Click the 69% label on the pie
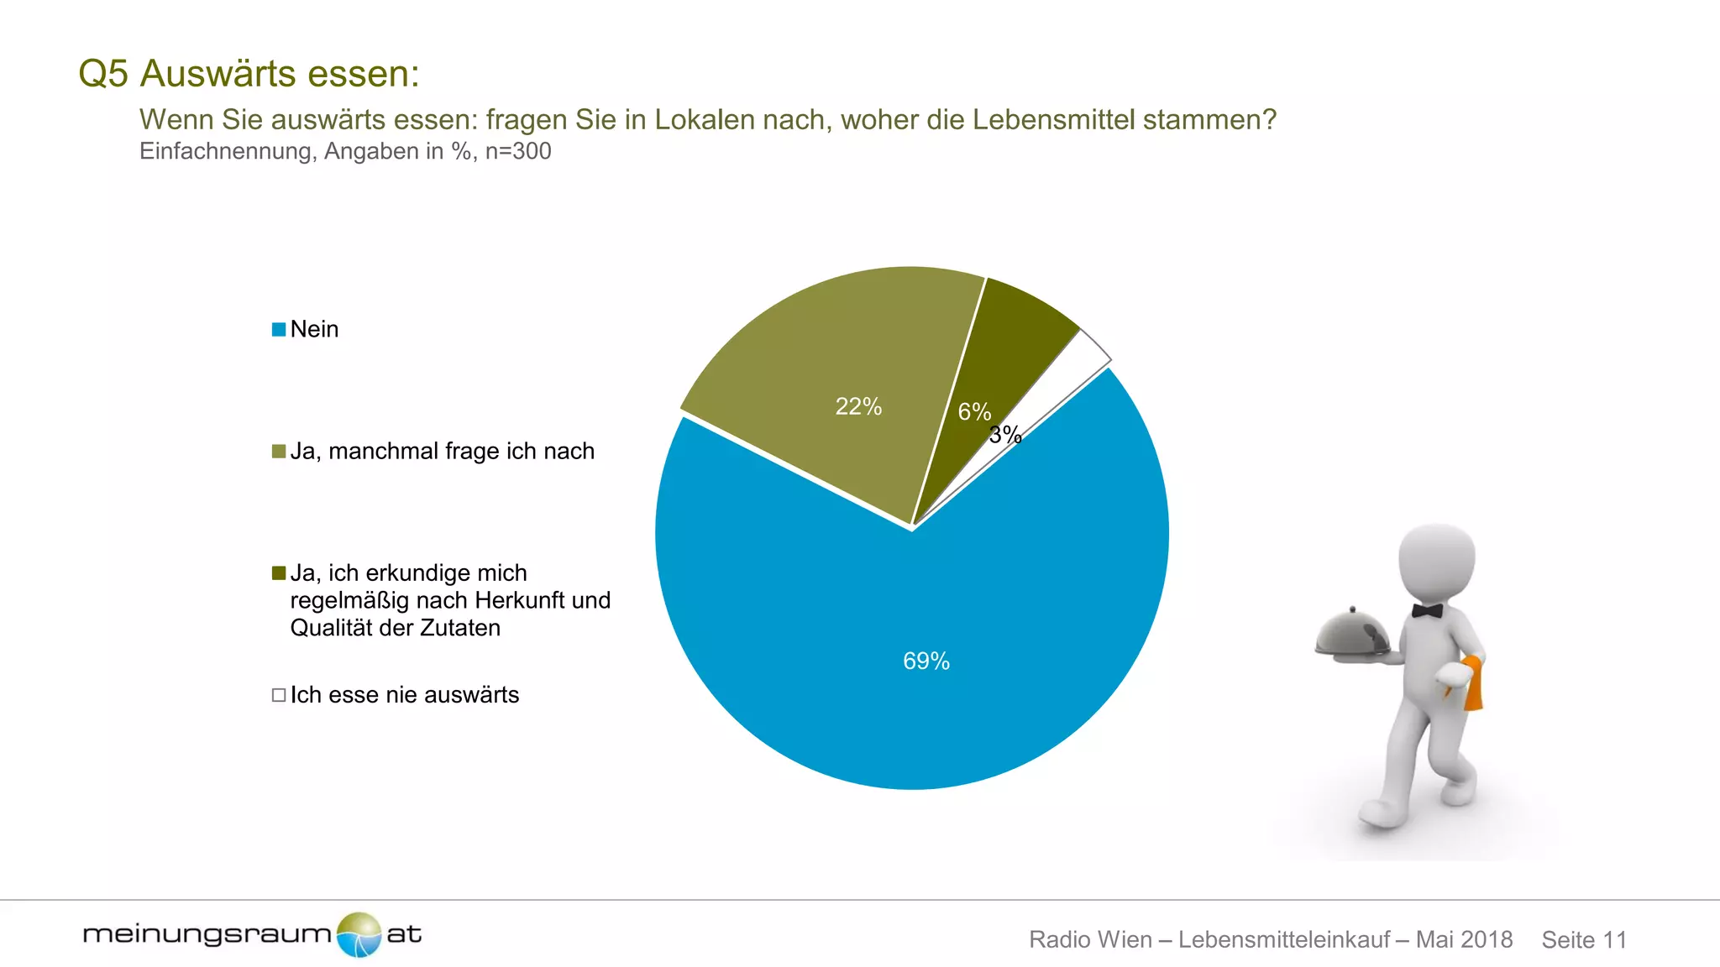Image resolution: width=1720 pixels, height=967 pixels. tap(926, 661)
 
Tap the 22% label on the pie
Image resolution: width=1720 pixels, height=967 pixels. tap(858, 407)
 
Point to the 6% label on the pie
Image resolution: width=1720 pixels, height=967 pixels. tap(974, 412)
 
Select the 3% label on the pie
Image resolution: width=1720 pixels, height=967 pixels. tap(1005, 435)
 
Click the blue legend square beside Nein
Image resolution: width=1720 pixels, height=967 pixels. tap(279, 330)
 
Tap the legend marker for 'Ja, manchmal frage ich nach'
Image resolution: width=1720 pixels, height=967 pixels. tap(279, 452)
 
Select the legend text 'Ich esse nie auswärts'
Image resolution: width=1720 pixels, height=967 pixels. tap(405, 695)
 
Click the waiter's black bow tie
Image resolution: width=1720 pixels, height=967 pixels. tap(1426, 610)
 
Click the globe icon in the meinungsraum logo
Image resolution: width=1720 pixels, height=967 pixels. tap(359, 934)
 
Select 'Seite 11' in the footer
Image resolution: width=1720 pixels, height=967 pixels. tap(1584, 939)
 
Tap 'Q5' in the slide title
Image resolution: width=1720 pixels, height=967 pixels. tap(103, 74)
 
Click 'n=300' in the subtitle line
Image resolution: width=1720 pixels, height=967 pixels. tap(518, 152)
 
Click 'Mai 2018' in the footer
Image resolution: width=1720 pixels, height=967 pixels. tap(1464, 939)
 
